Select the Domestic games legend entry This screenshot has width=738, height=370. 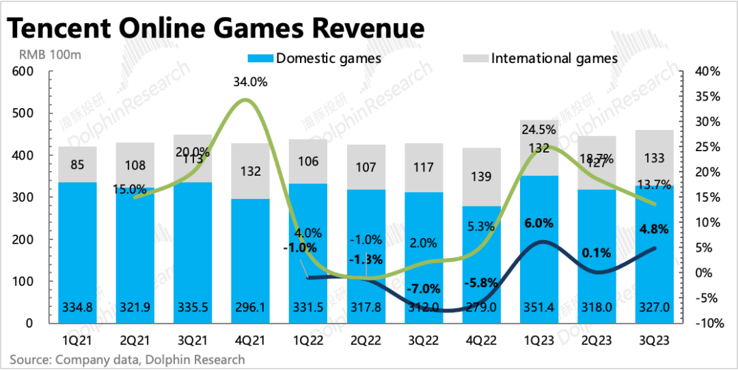point(320,58)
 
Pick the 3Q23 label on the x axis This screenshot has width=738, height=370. point(655,340)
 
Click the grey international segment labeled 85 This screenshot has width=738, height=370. point(77,165)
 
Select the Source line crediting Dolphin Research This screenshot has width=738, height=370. point(126,359)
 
